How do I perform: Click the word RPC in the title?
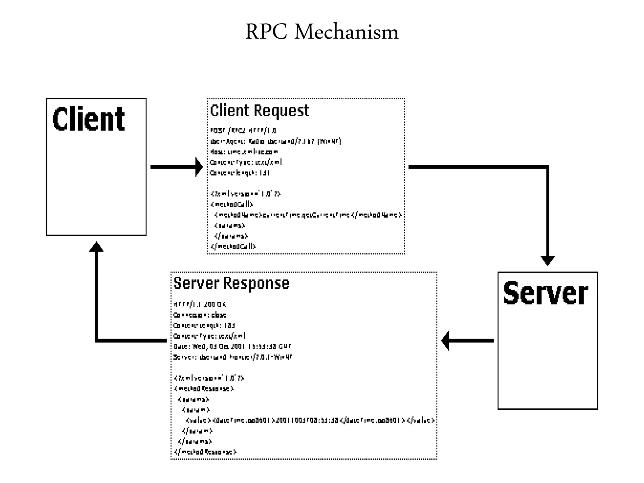266,32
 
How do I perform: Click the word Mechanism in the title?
346,32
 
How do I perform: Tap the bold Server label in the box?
546,293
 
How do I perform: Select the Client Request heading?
259,111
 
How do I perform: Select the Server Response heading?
231,283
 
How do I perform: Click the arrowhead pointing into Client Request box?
199,167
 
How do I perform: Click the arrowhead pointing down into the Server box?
547,261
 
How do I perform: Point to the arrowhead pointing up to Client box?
96,247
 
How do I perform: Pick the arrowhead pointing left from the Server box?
445,341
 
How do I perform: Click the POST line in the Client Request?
243,130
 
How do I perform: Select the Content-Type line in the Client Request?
246,162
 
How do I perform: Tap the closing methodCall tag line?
233,247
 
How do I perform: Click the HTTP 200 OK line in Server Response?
200,304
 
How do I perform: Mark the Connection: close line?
200,315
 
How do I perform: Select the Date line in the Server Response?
232,347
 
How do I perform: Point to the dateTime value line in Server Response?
310,420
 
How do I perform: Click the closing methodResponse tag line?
205,452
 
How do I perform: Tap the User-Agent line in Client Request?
275,141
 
